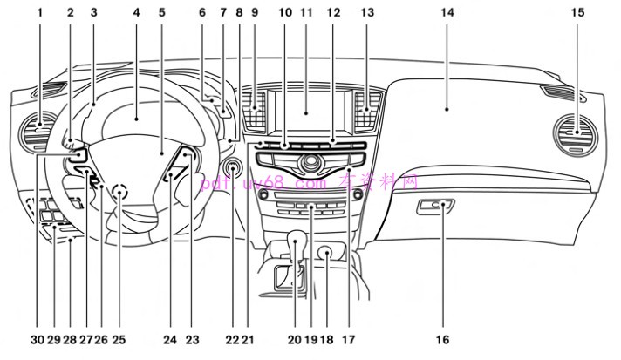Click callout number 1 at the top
(39, 13)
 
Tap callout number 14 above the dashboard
(447, 13)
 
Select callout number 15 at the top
(577, 13)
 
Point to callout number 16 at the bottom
(443, 339)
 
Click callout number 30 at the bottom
(38, 339)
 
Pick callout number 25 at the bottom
(119, 339)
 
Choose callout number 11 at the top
(306, 13)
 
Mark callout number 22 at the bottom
(232, 339)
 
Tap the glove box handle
(435, 207)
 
